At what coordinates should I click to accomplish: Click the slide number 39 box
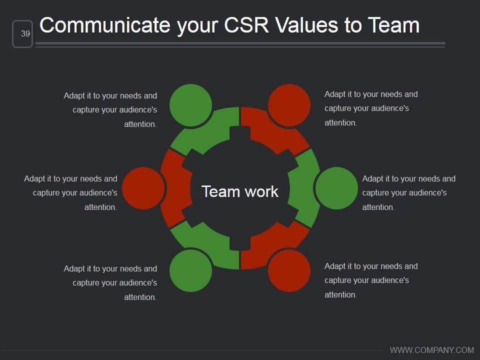pyautogui.click(x=22, y=34)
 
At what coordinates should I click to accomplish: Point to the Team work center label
pyautogui.click(x=240, y=191)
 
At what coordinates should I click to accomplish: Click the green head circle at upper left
pyautogui.click(x=190, y=105)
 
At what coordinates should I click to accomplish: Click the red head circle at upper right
pyautogui.click(x=289, y=105)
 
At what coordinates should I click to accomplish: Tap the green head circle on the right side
pyautogui.click(x=337, y=188)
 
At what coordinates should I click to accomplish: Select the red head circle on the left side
pyautogui.click(x=143, y=188)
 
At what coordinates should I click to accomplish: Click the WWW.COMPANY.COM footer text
pyautogui.click(x=431, y=350)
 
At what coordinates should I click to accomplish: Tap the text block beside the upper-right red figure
pyautogui.click(x=370, y=108)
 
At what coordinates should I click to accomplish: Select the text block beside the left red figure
pyautogui.click(x=71, y=192)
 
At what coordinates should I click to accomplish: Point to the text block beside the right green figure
pyautogui.click(x=408, y=192)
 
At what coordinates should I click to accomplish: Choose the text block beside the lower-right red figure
pyautogui.click(x=370, y=280)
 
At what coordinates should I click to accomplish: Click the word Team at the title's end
pyautogui.click(x=393, y=25)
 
